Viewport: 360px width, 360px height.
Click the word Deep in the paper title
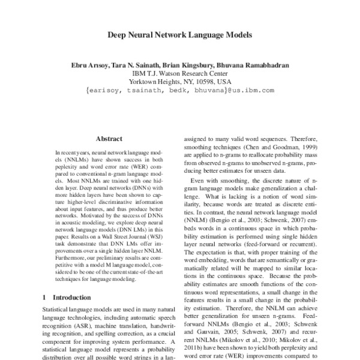[118, 35]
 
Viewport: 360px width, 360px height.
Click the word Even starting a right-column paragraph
[199, 181]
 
